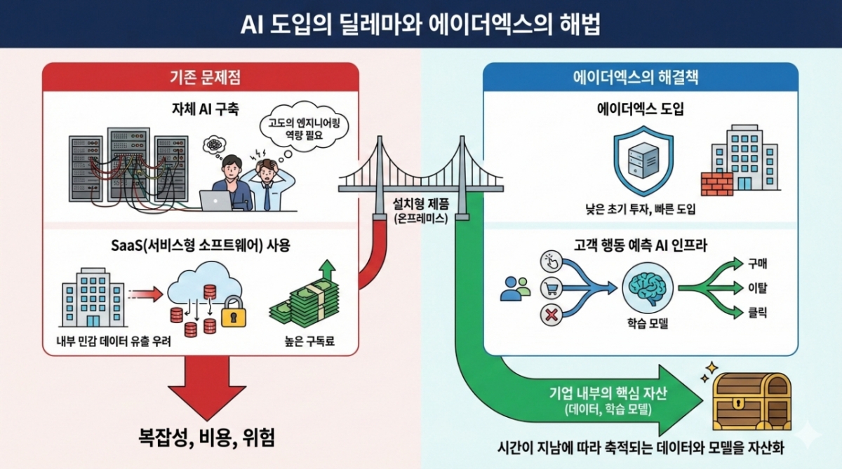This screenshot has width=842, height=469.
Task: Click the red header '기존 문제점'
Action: tap(200, 76)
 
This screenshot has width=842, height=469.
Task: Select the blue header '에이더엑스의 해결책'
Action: tap(641, 76)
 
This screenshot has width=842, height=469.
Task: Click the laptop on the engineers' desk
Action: tap(215, 200)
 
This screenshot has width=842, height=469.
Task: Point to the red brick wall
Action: tap(716, 184)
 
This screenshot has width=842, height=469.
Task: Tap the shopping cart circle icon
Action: tap(552, 287)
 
